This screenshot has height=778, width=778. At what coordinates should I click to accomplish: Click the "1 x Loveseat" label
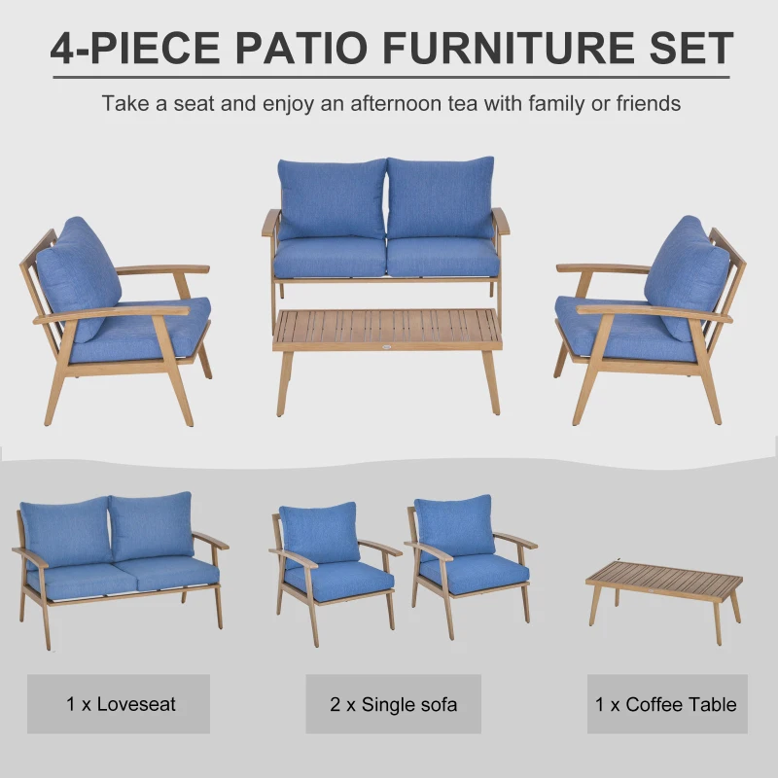click(118, 704)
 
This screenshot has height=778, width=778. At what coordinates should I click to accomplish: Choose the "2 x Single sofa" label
click(393, 704)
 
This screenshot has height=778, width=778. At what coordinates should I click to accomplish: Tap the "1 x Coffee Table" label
click(666, 704)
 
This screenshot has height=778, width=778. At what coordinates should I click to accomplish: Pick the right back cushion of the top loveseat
click(441, 197)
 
